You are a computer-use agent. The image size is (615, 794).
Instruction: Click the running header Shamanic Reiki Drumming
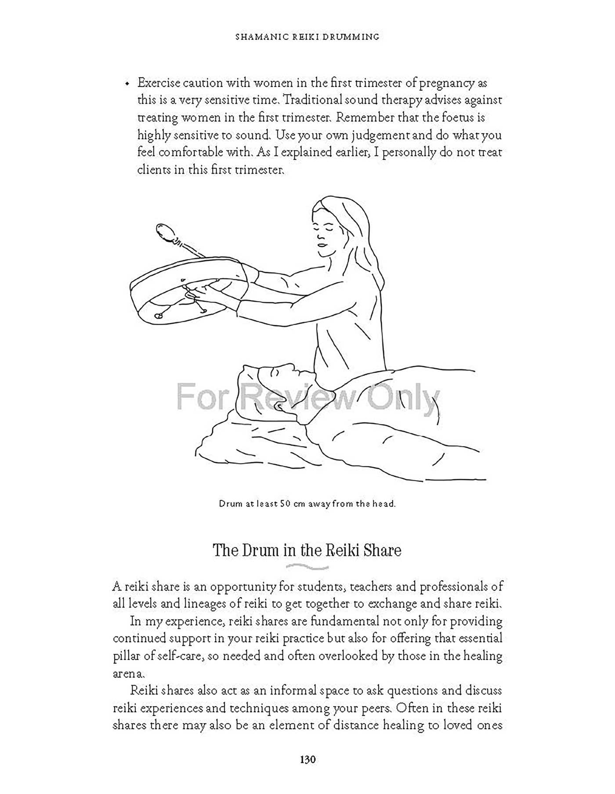(x=307, y=37)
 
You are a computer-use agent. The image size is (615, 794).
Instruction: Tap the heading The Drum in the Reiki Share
(x=307, y=550)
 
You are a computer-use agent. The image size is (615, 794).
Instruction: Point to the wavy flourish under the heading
(x=307, y=567)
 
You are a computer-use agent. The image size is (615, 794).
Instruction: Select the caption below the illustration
(x=307, y=504)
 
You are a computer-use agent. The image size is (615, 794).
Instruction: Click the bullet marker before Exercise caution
(x=127, y=84)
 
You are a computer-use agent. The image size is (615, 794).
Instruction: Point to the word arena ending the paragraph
(x=127, y=673)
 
